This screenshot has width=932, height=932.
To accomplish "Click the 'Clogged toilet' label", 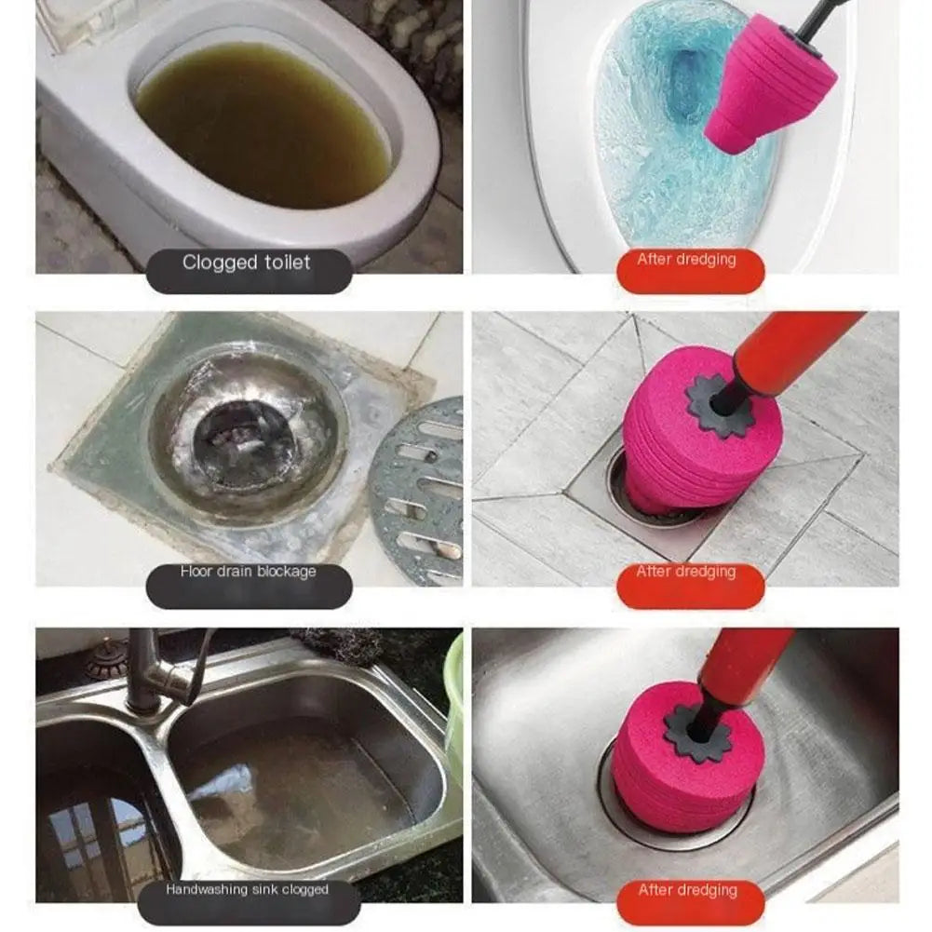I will [x=248, y=263].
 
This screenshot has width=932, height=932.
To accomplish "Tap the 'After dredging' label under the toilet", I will [x=687, y=260].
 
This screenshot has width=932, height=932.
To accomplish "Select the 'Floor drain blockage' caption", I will [x=248, y=572].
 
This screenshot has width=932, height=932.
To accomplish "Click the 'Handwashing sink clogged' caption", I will [x=248, y=890].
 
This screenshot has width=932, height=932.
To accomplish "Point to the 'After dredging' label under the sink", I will [x=687, y=890].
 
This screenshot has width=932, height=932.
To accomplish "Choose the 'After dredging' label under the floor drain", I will [x=687, y=572].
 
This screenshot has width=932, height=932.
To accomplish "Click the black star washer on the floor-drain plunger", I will [x=721, y=405].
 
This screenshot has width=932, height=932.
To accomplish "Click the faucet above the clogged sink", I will [x=158, y=670].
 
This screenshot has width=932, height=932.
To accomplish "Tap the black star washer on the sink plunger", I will [x=698, y=730].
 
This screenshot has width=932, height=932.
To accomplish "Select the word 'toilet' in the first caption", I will [x=283, y=263].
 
